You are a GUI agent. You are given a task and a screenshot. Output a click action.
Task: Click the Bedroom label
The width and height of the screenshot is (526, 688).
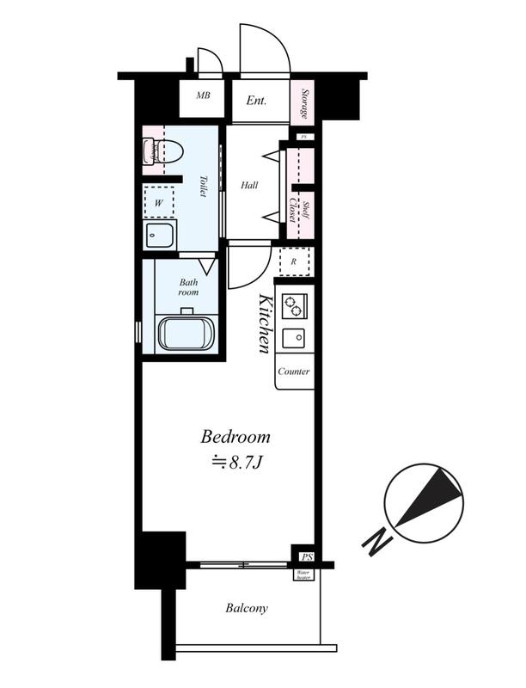pos(235,437)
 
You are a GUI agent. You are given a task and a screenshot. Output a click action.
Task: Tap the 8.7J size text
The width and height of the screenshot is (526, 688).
pos(237,463)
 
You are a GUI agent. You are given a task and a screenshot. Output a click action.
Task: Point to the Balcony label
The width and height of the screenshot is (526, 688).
pos(247,608)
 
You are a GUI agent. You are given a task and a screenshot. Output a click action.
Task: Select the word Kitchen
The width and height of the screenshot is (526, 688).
pos(265,323)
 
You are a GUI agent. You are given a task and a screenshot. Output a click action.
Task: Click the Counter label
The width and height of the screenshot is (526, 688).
pos(294,372)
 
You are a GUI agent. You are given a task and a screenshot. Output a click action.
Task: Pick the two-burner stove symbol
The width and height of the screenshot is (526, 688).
pos(295,305)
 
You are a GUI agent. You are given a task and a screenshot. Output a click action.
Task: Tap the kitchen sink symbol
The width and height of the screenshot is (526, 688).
pos(294,338)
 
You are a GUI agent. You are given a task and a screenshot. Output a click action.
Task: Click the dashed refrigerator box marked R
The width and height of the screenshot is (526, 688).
pos(294,261)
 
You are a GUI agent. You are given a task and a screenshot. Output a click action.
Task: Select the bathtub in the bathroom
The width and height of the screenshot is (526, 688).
pos(186,334)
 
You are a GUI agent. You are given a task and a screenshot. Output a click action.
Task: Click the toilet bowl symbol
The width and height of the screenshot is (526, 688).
pos(168,151)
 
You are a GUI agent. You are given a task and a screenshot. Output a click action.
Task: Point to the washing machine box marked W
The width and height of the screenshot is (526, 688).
pos(159,203)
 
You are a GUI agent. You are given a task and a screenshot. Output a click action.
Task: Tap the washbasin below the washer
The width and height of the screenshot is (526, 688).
pos(160,236)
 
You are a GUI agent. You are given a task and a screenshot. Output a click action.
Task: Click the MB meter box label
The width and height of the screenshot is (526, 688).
pos(203,95)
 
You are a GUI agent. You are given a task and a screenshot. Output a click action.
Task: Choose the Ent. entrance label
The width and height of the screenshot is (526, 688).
pos(256,101)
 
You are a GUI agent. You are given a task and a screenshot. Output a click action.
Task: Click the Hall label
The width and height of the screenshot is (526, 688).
pos(249,185)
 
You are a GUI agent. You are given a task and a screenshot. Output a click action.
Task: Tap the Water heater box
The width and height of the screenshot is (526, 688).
pos(303,574)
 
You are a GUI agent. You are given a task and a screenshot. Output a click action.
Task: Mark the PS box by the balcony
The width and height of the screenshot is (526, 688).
pos(306,556)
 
